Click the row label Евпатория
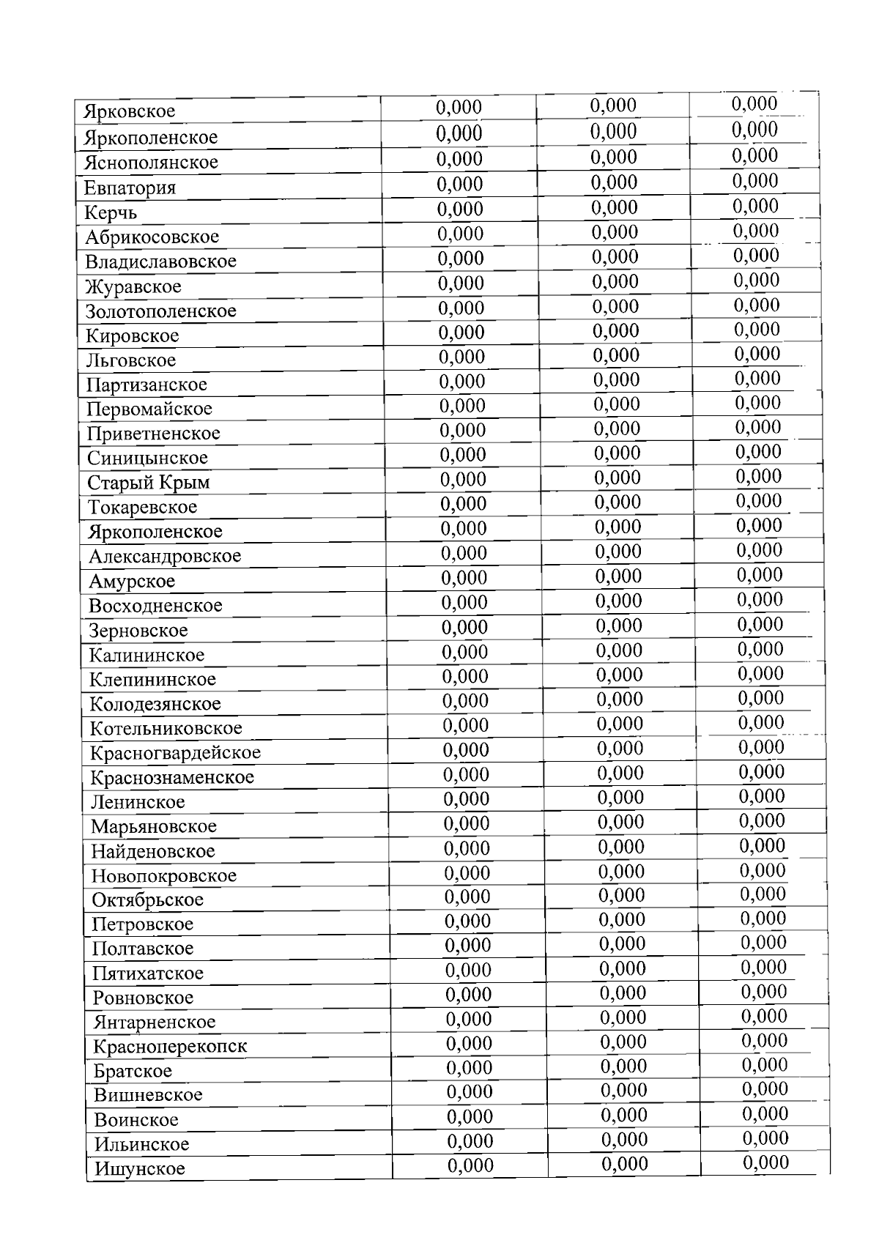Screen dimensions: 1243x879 click(x=130, y=188)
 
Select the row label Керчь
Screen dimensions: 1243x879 click(x=111, y=213)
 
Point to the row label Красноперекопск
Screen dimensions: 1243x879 click(x=170, y=1046)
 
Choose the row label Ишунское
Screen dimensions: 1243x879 click(x=140, y=1168)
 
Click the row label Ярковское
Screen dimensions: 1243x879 click(x=130, y=111)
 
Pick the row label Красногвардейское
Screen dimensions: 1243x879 click(x=175, y=753)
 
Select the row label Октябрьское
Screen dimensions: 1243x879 click(x=147, y=899)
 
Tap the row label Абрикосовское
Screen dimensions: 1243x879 click(x=152, y=237)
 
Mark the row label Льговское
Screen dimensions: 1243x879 click(x=131, y=360)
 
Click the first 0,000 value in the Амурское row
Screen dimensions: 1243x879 click(x=464, y=578)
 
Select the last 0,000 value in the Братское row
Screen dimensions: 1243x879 click(x=765, y=1065)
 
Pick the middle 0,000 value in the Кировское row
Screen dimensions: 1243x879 click(x=616, y=331)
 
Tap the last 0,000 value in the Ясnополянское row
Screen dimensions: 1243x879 click(x=754, y=155)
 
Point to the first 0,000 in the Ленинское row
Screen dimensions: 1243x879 click(x=466, y=799)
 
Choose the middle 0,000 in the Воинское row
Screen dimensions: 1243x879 click(x=624, y=1115)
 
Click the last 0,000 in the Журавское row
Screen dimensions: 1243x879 click(x=756, y=280)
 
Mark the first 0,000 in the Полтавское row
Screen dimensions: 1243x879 click(x=467, y=946)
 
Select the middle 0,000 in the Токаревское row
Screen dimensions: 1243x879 click(x=618, y=502)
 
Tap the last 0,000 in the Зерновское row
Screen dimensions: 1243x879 click(x=760, y=624)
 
